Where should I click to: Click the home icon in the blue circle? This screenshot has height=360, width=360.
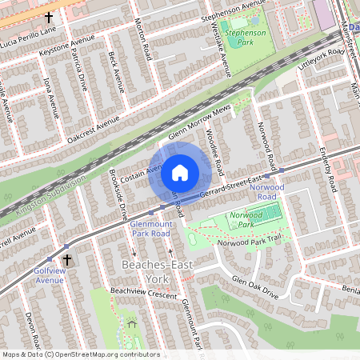[x=180, y=172]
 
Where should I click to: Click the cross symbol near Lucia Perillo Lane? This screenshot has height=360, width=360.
[x=49, y=16]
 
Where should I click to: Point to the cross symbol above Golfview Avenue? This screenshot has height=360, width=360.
[x=67, y=260]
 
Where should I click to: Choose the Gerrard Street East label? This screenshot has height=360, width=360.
[x=231, y=184]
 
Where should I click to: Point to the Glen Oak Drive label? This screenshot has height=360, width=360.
[x=254, y=287]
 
